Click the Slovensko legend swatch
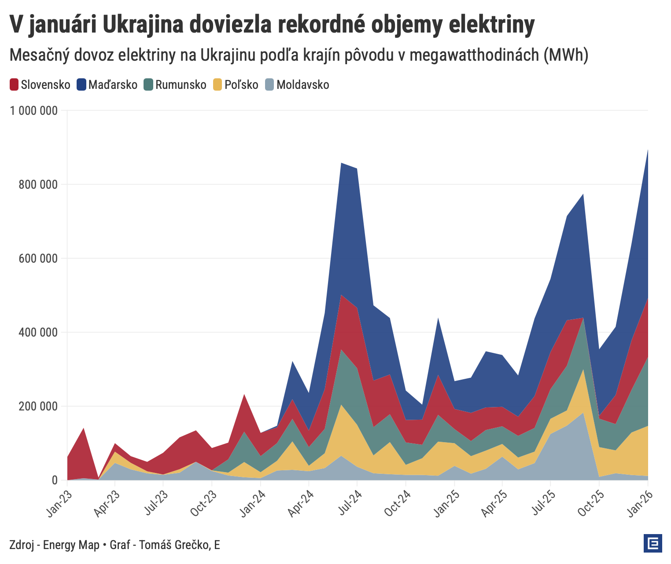14,84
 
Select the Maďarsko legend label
113,84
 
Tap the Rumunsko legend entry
181,84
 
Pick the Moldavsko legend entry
302,84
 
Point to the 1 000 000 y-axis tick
34,110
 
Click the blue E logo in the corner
653,543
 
